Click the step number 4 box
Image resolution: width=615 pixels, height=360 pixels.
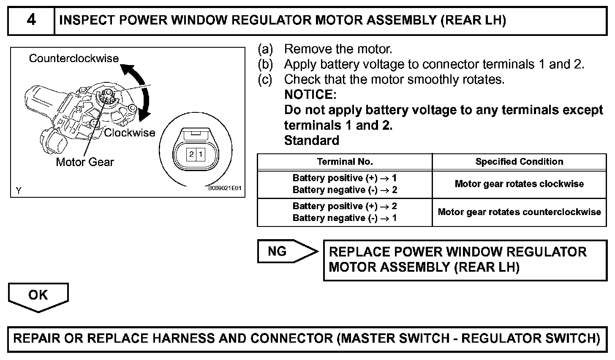[31, 20]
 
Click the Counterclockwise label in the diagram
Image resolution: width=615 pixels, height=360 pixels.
[74, 58]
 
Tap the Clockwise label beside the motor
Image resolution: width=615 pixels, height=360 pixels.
[130, 133]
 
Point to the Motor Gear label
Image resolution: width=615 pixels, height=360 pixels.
[85, 162]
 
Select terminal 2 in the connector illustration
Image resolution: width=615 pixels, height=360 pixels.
[191, 154]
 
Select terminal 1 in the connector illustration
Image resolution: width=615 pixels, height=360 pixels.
[201, 154]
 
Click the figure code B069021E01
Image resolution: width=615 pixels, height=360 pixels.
[224, 188]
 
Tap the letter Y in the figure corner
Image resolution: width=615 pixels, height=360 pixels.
[19, 191]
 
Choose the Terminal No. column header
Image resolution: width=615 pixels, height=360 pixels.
[345, 161]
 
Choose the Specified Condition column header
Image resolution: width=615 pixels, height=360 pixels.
[519, 161]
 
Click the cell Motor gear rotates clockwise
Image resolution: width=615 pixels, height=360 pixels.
[519, 184]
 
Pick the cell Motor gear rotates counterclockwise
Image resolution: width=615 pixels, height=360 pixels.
[519, 212]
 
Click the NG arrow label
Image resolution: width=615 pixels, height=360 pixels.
[278, 252]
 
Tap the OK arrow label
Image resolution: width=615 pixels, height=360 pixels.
[38, 295]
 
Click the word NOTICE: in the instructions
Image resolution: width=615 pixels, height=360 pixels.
[310, 94]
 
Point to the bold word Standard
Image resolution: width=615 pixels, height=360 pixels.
[312, 140]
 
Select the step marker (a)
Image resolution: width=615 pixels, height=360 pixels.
[266, 49]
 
